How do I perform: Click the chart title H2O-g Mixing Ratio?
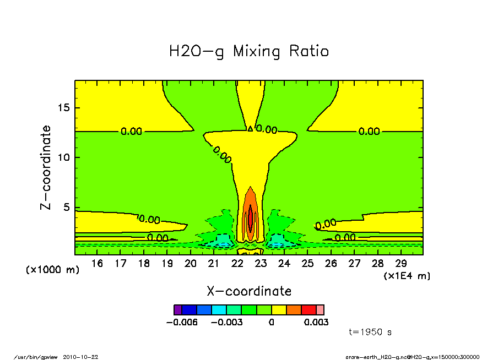249,52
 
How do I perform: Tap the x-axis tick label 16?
97,264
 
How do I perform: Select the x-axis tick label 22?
237,264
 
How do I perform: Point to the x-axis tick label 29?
400,264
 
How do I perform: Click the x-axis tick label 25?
307,264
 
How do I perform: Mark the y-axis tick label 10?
64,157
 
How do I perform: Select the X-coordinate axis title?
249,291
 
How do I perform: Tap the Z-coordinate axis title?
46,167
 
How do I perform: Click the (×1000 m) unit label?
53,270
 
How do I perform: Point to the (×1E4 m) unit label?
407,276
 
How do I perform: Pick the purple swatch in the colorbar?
177,310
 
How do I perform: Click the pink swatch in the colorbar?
320,310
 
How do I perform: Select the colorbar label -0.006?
182,322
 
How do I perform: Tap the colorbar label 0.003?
316,322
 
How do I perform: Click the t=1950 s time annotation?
370,332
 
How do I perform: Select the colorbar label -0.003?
228,322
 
